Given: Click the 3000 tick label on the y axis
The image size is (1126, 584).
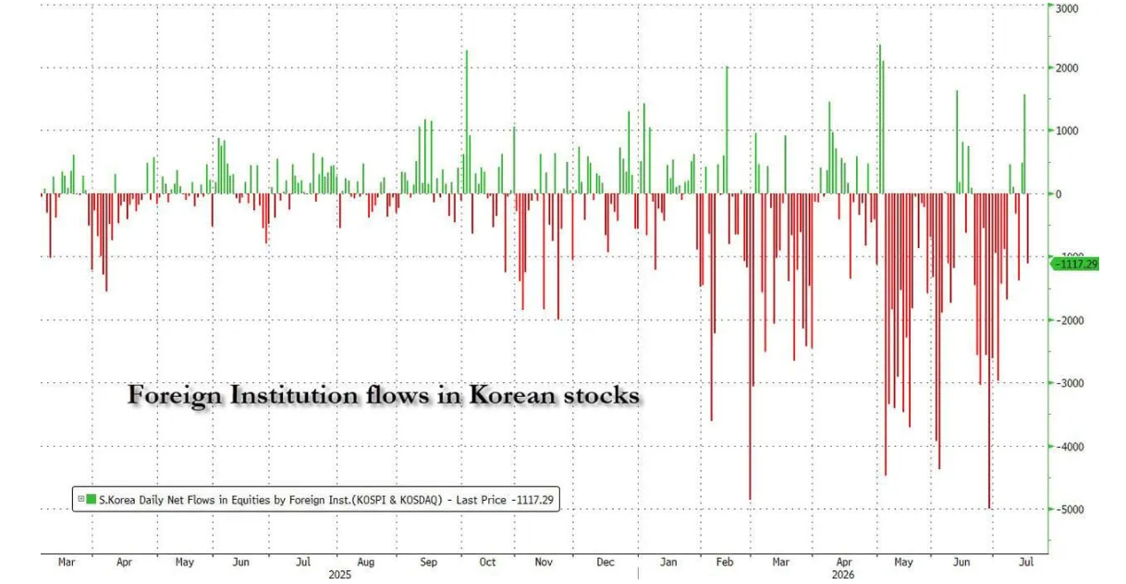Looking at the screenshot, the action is [x=1067, y=8].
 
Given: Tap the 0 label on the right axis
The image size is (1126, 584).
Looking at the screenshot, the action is [x=1059, y=194].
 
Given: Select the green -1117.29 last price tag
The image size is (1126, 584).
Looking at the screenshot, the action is [x=1075, y=264].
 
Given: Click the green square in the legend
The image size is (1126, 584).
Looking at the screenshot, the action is [x=91, y=499].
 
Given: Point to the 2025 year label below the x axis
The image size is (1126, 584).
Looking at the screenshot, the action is [x=340, y=575].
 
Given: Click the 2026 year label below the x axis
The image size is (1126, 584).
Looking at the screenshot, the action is [x=843, y=575].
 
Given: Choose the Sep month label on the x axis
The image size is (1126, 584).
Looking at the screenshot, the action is [x=428, y=562].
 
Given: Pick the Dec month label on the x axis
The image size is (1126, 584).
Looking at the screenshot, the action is [x=606, y=562].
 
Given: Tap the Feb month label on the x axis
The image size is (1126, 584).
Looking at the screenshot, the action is [x=725, y=562].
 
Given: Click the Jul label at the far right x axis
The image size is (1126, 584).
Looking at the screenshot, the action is [x=1026, y=562].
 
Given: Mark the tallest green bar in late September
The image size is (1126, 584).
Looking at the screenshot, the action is [x=467, y=122].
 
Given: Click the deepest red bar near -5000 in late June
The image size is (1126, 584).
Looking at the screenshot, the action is [x=989, y=352].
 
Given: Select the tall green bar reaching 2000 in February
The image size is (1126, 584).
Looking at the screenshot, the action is [x=727, y=130].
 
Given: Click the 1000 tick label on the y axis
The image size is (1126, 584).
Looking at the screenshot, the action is [x=1067, y=130].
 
